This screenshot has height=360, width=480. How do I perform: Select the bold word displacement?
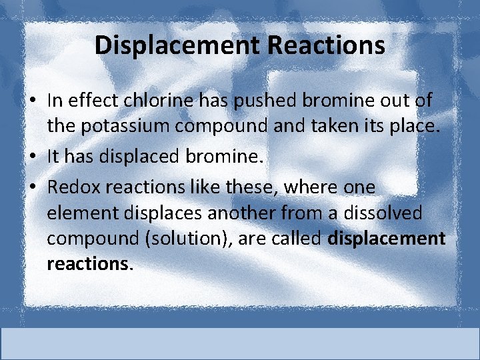387,238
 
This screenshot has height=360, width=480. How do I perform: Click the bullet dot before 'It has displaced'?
33,158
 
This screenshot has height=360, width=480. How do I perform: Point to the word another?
251,213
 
